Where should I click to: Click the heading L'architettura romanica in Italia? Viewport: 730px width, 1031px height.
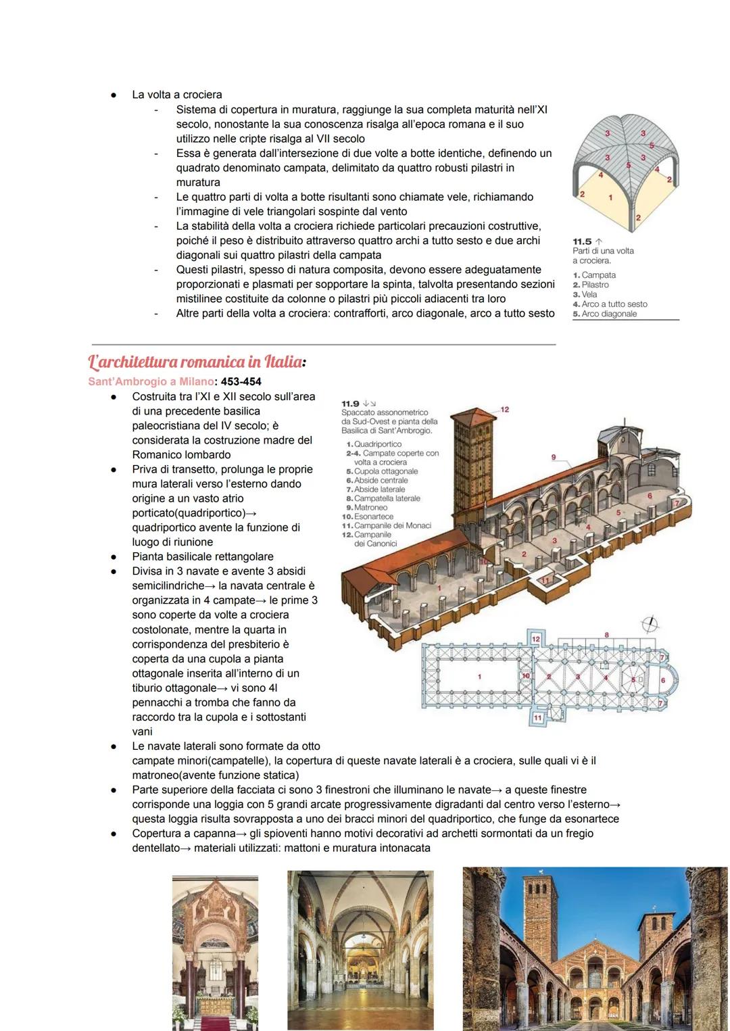(195, 362)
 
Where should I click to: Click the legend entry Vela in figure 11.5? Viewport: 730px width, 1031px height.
(589, 294)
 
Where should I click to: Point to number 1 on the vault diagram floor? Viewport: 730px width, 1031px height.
(610, 197)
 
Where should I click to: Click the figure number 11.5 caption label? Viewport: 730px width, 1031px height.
(582, 241)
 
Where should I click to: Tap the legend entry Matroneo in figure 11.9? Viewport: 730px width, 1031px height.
(370, 507)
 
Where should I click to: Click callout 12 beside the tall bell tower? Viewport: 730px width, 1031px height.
(504, 410)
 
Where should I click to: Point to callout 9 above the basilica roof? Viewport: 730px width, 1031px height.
(554, 458)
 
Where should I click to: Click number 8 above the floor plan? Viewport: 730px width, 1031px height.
(606, 635)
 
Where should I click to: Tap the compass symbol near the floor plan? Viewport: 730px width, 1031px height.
(652, 625)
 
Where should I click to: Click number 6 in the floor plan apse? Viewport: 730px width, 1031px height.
(662, 680)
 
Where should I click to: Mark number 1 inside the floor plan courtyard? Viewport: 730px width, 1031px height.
(479, 676)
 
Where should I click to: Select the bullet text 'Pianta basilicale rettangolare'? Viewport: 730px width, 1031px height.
(203, 556)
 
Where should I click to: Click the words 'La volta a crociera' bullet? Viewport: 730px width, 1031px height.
(177, 95)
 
